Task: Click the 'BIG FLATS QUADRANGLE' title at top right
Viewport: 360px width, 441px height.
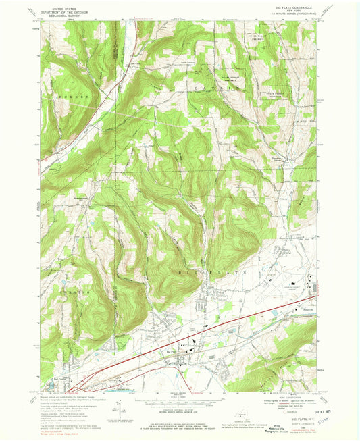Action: pyautogui.click(x=290, y=5)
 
